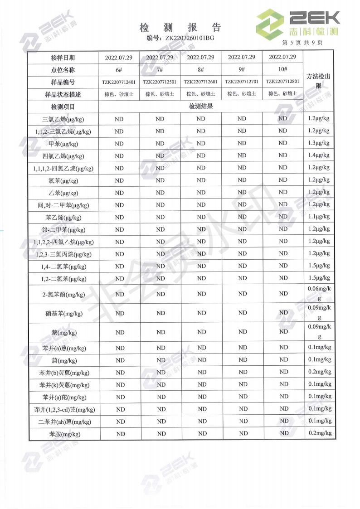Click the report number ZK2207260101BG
[189, 38]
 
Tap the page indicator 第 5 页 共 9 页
[302, 43]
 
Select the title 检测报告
[180, 27]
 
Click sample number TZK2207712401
[119, 82]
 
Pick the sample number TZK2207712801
[282, 82]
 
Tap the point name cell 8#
[201, 69]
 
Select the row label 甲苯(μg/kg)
[63, 144]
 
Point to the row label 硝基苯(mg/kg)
[63, 313]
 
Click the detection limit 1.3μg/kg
[318, 143]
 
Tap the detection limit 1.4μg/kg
[318, 155]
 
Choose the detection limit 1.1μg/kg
[318, 217]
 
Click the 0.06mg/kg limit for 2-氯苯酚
[319, 293]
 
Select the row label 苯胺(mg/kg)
[63, 434]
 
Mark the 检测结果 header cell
[201, 107]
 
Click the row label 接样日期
[63, 58]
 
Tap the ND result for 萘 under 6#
[120, 332]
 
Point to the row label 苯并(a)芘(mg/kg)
[63, 397]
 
